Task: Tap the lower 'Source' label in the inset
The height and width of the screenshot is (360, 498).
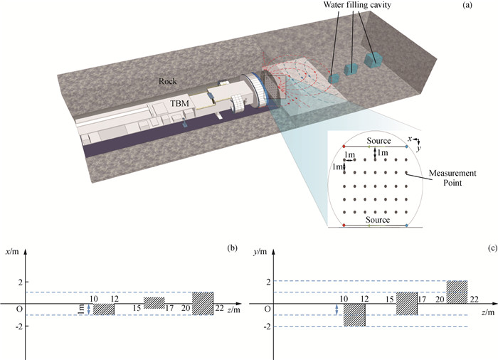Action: click(x=378, y=221)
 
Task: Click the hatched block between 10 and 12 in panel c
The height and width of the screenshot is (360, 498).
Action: click(x=354, y=314)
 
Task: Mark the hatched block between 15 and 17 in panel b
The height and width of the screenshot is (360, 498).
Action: click(x=154, y=303)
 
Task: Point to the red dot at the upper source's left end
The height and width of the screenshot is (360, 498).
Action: click(x=344, y=147)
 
